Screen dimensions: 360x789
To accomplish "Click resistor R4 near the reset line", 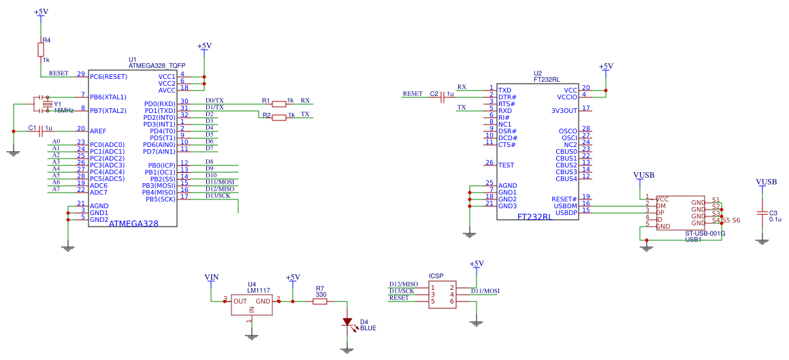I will point(40,50).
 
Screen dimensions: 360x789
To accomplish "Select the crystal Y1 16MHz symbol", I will point(47,104).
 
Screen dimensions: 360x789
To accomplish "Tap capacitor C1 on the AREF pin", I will point(42,129).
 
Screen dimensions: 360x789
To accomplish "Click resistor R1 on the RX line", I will point(279,104).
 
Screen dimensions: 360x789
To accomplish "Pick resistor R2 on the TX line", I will point(279,118).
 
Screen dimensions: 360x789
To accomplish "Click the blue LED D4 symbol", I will point(347,322).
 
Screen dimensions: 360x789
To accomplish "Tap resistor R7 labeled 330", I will point(320,301).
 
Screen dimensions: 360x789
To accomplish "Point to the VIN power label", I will point(212,277).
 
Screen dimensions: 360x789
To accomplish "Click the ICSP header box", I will point(442,295).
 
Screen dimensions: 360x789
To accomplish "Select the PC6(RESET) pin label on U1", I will point(109,77).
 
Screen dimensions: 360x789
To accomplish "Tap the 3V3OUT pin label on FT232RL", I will point(564,110).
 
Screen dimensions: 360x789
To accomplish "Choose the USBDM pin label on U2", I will point(565,206).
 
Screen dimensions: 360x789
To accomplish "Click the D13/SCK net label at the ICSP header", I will point(401,291).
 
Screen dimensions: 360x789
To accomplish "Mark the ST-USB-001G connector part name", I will point(705,233).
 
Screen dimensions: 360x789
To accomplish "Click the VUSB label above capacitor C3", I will point(766,182).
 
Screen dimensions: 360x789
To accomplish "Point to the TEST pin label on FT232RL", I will point(506,165).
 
